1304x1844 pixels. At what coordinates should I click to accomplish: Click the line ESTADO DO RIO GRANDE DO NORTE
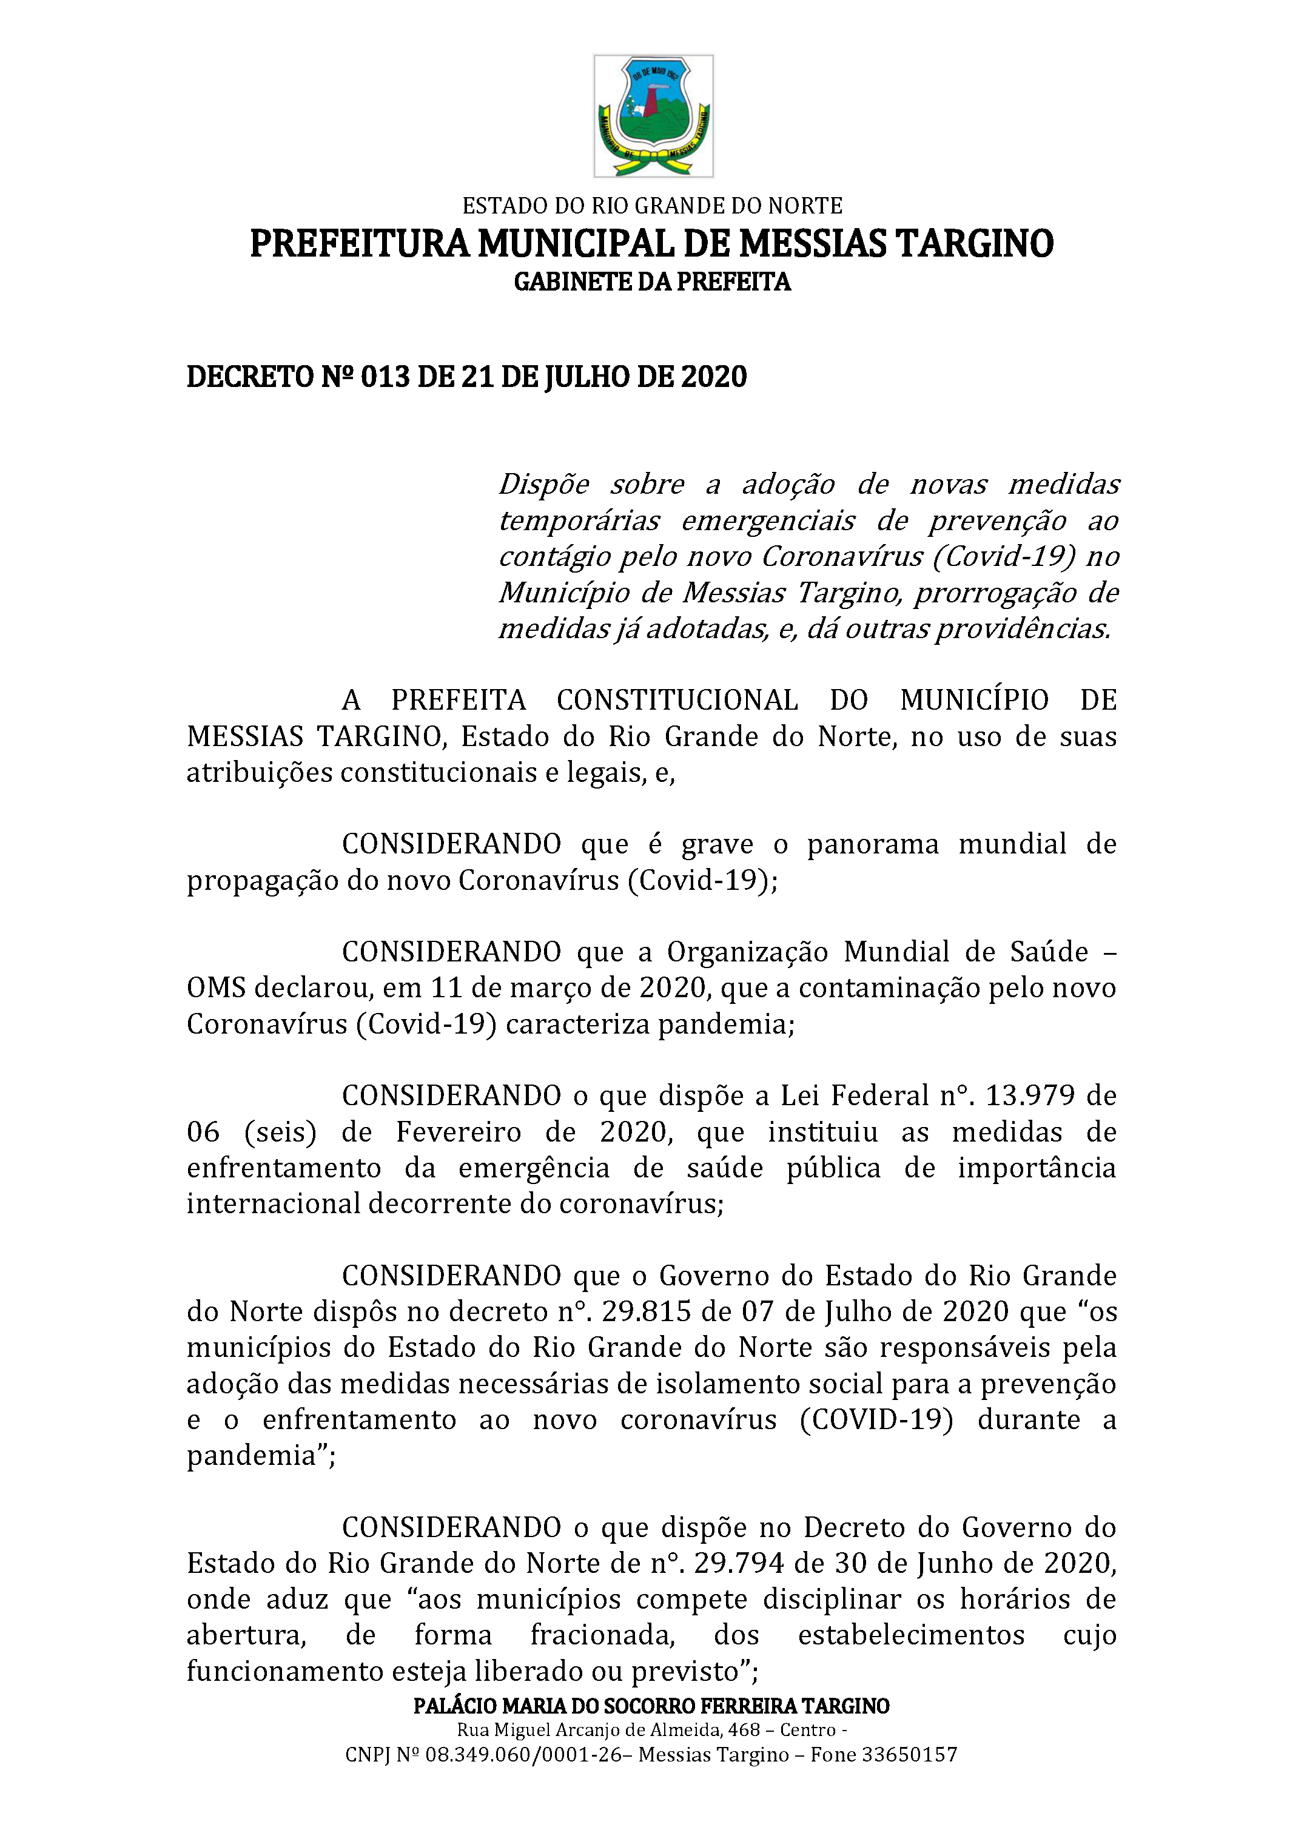coord(652,206)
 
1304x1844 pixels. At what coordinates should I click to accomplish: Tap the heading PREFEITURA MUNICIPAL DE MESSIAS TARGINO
coord(651,243)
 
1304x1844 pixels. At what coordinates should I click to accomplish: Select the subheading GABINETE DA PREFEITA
coord(652,282)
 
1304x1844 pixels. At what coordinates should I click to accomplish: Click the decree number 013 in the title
coord(385,377)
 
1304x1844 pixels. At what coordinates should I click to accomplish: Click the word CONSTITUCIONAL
coord(677,701)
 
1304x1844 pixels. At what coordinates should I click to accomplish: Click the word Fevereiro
coord(459,1132)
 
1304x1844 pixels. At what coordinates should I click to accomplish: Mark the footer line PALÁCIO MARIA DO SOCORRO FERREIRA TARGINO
coord(651,1706)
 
